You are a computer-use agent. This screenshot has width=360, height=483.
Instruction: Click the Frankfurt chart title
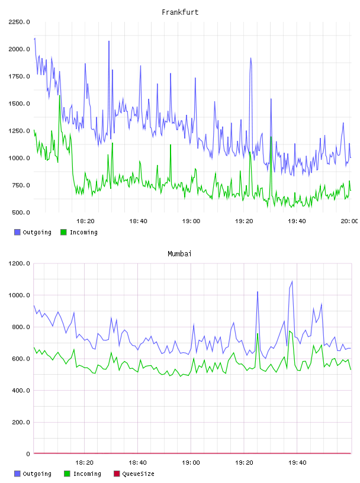[x=180, y=12]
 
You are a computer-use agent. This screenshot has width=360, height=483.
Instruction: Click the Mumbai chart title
[x=179, y=254]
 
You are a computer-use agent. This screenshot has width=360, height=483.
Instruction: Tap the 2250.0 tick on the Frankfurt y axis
[x=19, y=22]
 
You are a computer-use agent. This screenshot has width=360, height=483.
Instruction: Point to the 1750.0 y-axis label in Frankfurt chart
[x=19, y=76]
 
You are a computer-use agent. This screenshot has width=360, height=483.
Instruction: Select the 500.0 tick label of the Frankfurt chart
[x=21, y=212]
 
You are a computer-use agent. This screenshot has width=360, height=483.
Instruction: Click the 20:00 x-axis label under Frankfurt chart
[x=349, y=221]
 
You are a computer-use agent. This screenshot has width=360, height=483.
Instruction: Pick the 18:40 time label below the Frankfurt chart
[x=138, y=221]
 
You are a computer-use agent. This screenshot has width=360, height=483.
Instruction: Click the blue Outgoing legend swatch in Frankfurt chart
[x=17, y=232]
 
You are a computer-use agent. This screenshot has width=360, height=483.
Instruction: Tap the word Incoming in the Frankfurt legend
[x=83, y=233]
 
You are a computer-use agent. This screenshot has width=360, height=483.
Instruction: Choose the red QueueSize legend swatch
[x=117, y=474]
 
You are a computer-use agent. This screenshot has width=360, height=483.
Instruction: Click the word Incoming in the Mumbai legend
[x=87, y=474]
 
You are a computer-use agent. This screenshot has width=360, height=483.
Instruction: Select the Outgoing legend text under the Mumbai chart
[x=37, y=474]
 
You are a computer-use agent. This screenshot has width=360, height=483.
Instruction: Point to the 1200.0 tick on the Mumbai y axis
[x=19, y=263]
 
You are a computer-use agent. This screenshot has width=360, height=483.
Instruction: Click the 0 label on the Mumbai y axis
[x=28, y=454]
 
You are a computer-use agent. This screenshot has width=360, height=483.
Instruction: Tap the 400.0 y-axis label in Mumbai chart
[x=21, y=391]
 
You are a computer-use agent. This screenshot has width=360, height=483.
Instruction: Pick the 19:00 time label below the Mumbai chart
[x=191, y=463]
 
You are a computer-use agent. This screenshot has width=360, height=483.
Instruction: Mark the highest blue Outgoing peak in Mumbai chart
[x=292, y=281]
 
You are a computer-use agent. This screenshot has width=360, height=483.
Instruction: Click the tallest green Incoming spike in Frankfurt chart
[x=59, y=95]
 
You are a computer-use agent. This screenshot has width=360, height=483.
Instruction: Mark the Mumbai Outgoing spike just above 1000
[x=258, y=292]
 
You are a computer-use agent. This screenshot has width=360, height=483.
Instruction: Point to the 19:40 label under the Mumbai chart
[x=297, y=463]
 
